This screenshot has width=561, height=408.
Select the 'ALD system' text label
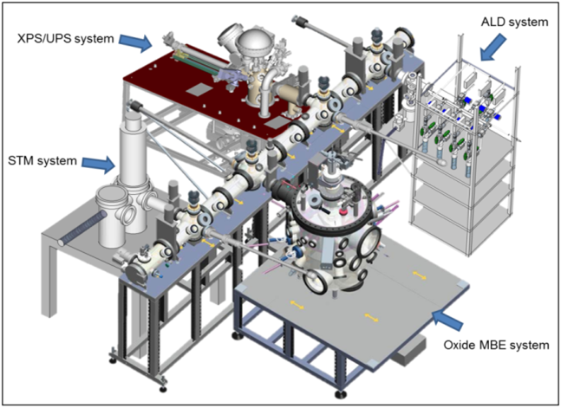coord(513,23)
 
